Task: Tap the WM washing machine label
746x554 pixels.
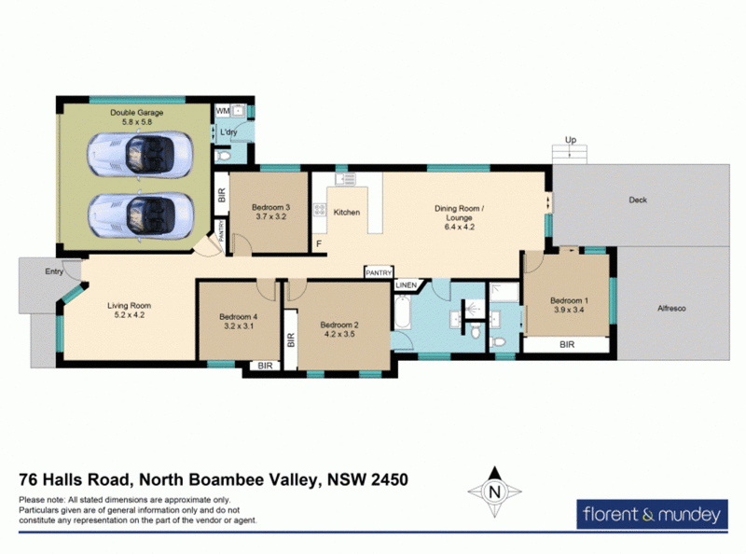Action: tap(222, 111)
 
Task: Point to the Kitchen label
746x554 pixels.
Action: tap(347, 213)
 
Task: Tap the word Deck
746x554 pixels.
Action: tap(638, 200)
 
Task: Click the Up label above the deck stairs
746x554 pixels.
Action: tap(568, 141)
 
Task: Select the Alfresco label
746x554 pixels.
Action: tap(671, 307)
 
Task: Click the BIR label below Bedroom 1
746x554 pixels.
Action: tap(566, 344)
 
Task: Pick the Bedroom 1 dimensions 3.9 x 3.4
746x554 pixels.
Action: tap(568, 310)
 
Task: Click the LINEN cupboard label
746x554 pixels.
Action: tap(406, 284)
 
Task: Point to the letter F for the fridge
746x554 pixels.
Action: tap(319, 244)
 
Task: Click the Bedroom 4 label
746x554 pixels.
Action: tap(238, 316)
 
